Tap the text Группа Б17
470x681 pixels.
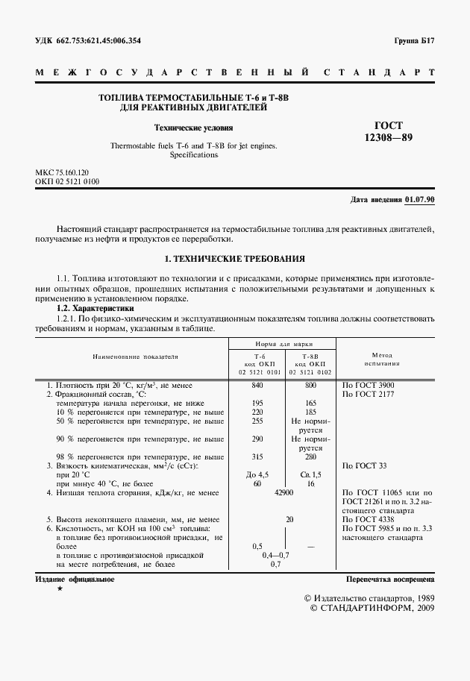click(414, 41)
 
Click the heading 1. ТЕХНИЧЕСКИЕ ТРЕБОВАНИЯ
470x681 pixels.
click(234, 258)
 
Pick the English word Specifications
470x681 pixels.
click(193, 155)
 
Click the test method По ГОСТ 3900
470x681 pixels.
click(369, 385)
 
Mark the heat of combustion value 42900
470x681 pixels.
click(284, 493)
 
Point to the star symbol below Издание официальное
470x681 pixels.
click(60, 590)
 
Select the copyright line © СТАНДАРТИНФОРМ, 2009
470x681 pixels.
click(370, 609)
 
